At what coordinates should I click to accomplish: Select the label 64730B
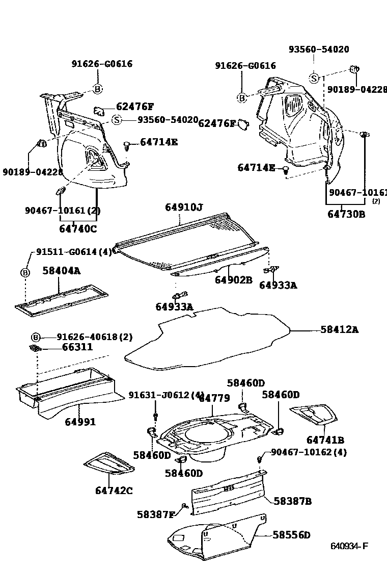pyautogui.click(x=346, y=214)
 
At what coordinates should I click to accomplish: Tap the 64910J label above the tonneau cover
pyautogui.click(x=183, y=207)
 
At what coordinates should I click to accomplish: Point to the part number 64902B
pyautogui.click(x=233, y=280)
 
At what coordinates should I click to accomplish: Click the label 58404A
pyautogui.click(x=61, y=271)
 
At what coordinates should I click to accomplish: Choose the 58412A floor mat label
pyautogui.click(x=339, y=330)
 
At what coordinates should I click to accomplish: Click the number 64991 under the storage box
pyautogui.click(x=80, y=422)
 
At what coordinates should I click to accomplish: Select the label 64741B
pyautogui.click(x=325, y=440)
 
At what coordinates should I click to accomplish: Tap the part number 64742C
pyautogui.click(x=114, y=491)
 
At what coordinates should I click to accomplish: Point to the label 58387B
pyautogui.click(x=292, y=501)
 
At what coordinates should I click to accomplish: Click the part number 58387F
pyautogui.click(x=155, y=514)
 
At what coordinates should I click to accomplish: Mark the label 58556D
pyautogui.click(x=291, y=535)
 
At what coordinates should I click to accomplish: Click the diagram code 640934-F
pyautogui.click(x=349, y=547)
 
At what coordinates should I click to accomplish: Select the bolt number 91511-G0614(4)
pyautogui.click(x=74, y=252)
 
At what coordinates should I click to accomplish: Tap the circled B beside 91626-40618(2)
pyautogui.click(x=36, y=337)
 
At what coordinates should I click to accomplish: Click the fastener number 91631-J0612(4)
pyautogui.click(x=166, y=395)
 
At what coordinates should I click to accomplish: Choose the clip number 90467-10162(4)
pyautogui.click(x=309, y=452)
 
